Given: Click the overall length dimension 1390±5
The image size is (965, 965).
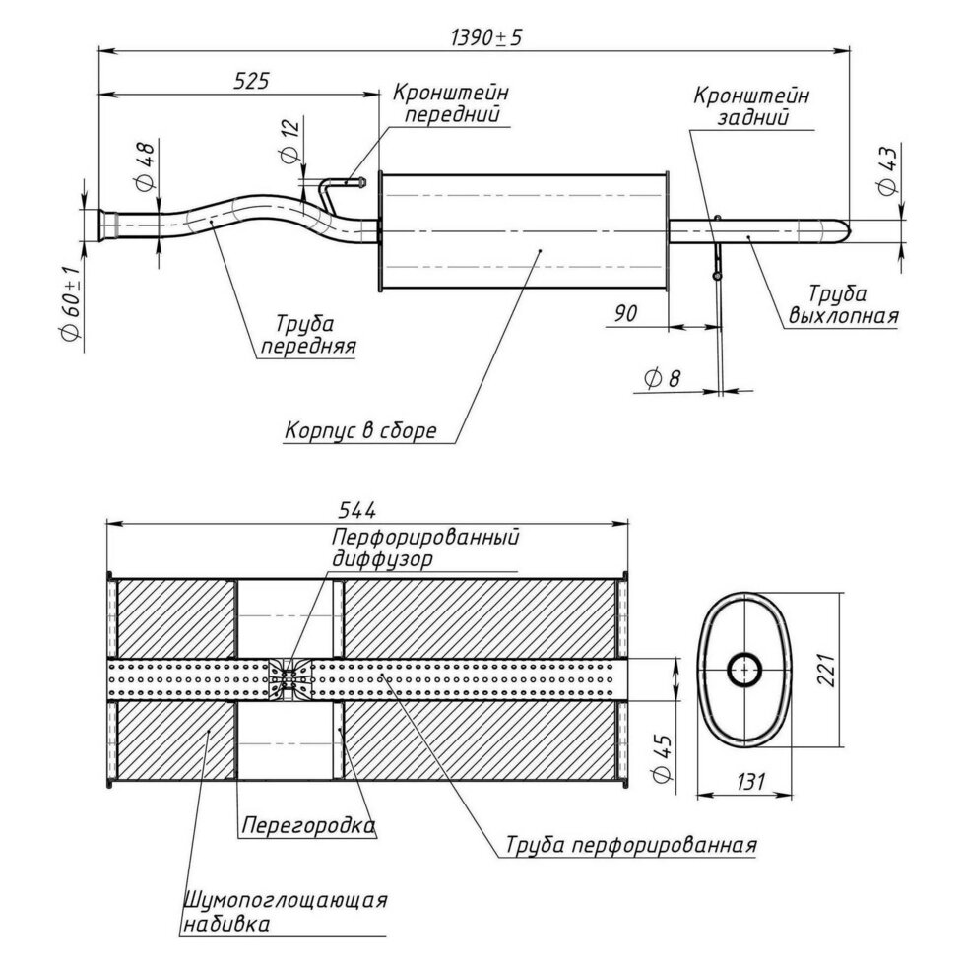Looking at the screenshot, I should pos(485,36).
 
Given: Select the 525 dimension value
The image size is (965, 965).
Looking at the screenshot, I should pos(251,82).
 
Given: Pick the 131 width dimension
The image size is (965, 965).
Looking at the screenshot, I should pos(749,782).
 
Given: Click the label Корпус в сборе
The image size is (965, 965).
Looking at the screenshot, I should pos(360,431).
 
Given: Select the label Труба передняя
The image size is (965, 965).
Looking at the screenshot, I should pos(306,335).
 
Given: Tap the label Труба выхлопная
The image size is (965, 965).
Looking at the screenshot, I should pos(842,305).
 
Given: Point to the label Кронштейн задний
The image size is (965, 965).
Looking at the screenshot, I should pos(751,106).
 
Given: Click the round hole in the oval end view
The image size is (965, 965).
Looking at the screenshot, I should pos(744,670).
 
